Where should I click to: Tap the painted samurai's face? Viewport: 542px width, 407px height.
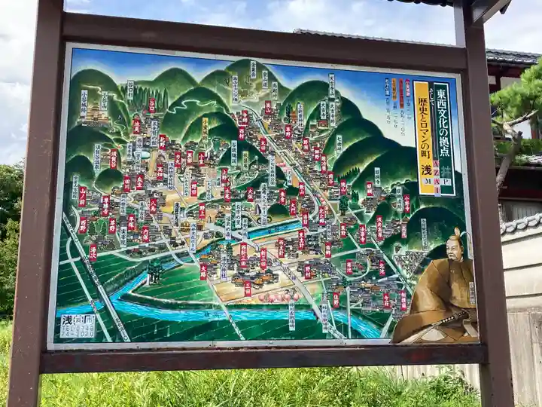(x=454, y=249)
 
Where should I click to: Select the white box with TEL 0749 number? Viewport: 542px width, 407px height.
(x=78, y=326)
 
